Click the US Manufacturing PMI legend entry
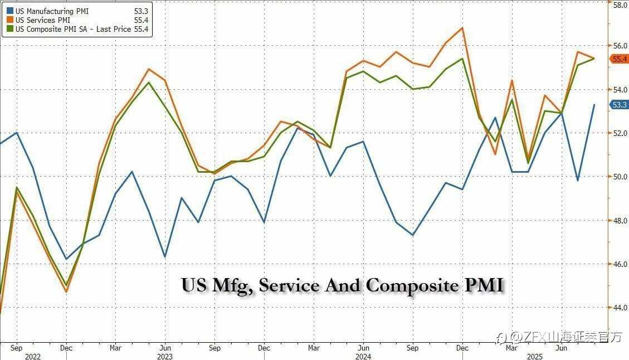(x=52, y=11)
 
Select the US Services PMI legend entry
(x=43, y=21)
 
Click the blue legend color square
(x=9, y=11)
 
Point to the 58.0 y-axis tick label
(x=620, y=4)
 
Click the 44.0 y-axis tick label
(x=620, y=307)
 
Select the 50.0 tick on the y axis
(x=620, y=177)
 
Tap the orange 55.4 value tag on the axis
(x=620, y=59)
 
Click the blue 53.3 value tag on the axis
(x=620, y=105)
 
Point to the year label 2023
(x=164, y=356)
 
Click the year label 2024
(x=363, y=356)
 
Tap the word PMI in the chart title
(x=484, y=285)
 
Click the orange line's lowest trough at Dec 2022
(x=66, y=291)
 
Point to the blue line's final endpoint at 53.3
(x=594, y=105)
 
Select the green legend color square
(x=9, y=30)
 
